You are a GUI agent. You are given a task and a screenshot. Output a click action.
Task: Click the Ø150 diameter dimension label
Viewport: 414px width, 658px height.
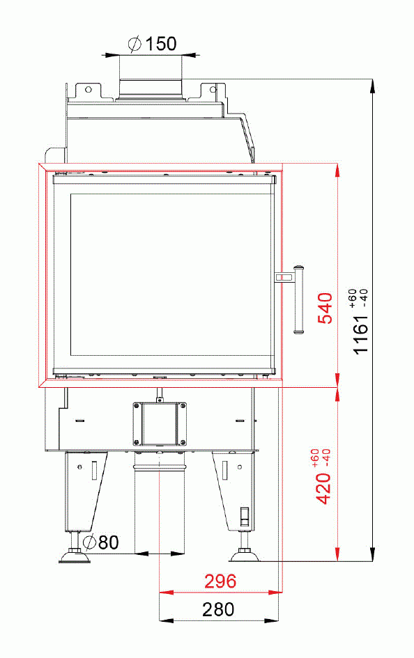pyautogui.click(x=152, y=44)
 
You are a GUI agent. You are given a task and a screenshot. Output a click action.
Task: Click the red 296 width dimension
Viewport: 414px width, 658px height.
pyautogui.click(x=220, y=581)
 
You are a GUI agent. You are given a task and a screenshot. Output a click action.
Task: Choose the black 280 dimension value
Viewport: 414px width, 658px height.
pyautogui.click(x=218, y=611)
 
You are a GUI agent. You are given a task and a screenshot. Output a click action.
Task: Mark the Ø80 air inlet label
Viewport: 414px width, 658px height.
pyautogui.click(x=100, y=542)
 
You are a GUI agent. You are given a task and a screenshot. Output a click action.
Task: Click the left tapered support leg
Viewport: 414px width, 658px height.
pyautogui.click(x=86, y=491)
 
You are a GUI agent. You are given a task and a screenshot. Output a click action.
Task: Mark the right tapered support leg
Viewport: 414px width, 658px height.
pyautogui.click(x=234, y=491)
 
